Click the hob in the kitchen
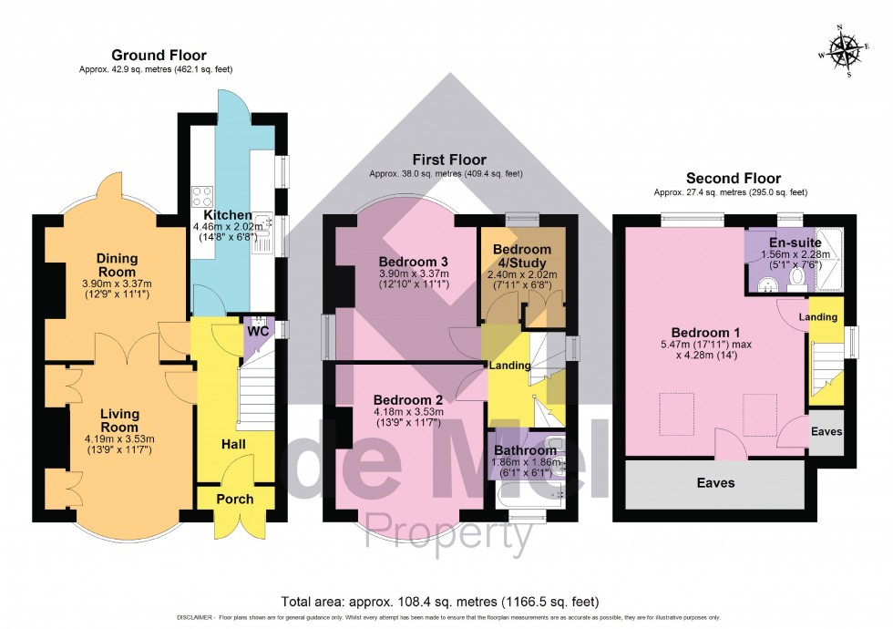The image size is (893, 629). point(201,195)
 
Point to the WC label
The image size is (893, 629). point(258,331)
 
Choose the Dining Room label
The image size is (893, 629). point(118,265)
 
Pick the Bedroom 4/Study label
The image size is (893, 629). point(522,257)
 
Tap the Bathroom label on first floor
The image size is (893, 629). point(525,450)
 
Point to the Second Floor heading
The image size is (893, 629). point(733,178)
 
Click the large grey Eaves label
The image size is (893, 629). point(715,483)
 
